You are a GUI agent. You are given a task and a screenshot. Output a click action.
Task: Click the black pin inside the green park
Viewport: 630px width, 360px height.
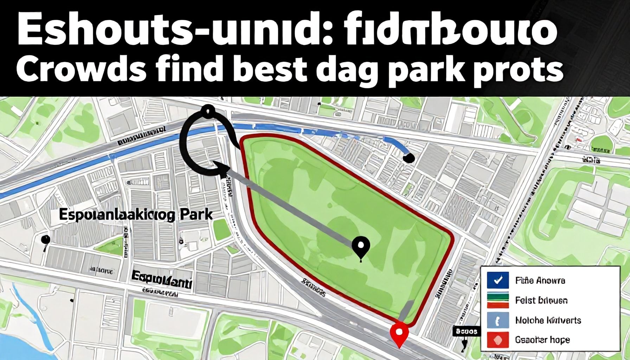point(361,246)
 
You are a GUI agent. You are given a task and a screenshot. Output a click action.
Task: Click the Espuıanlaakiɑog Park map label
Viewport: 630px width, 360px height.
point(136,214)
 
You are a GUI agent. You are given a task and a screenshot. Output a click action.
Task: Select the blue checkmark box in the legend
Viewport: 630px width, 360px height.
point(498,280)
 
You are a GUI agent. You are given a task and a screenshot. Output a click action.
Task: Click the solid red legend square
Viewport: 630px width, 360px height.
point(498,340)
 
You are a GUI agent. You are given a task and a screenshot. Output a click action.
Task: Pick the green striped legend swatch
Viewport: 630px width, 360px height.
point(498,300)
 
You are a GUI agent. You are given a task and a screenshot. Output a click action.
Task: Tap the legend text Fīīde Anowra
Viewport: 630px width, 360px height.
point(540,281)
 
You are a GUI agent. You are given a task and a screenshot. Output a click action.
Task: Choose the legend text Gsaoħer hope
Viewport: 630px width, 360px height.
point(542,340)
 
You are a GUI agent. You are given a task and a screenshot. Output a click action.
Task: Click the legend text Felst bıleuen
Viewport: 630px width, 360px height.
point(541,300)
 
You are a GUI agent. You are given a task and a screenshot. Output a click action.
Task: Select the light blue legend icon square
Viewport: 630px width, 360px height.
point(498,320)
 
